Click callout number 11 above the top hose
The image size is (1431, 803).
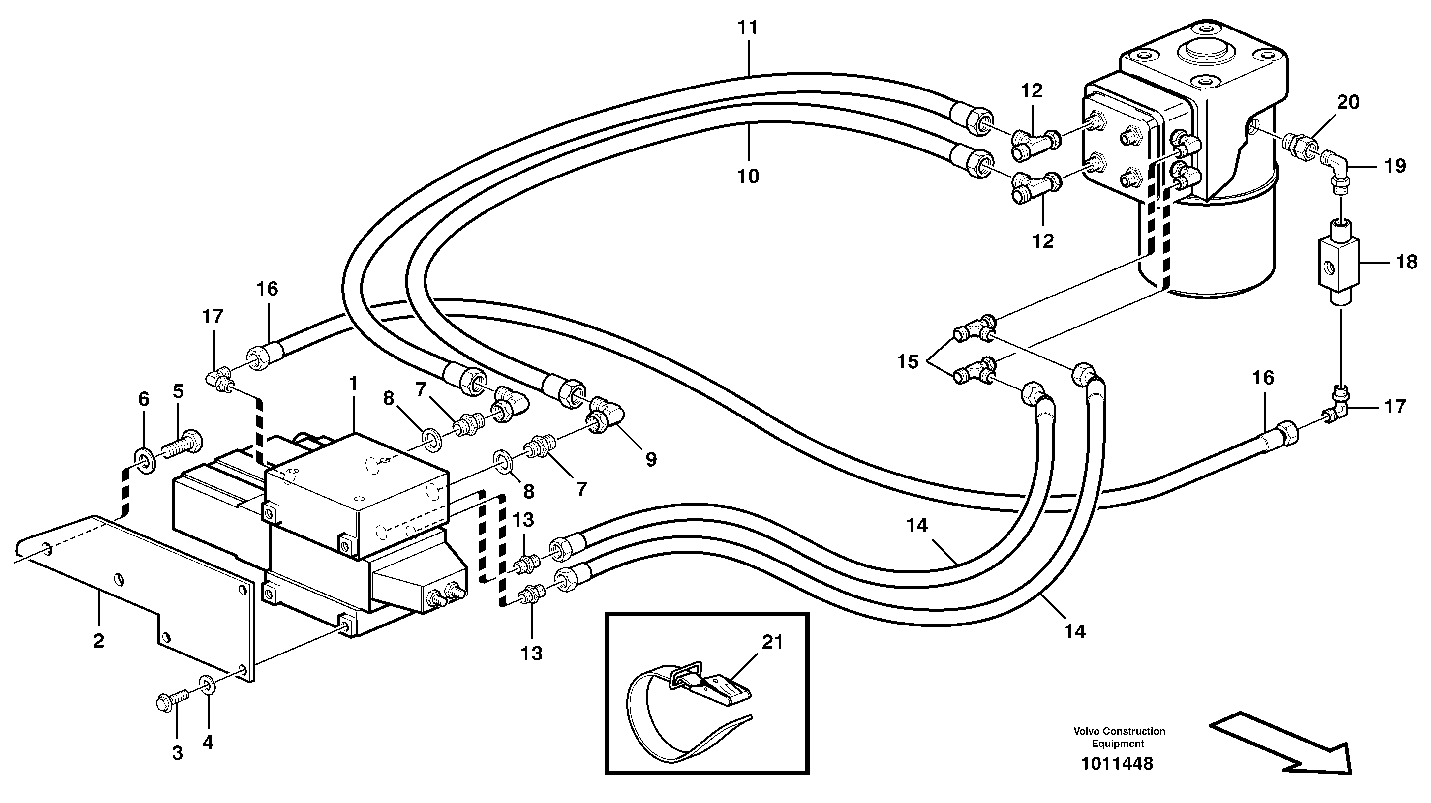(x=748, y=27)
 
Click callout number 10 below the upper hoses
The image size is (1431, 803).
(x=748, y=176)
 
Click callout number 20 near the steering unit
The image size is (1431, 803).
(x=1348, y=102)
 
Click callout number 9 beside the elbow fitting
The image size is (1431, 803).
(x=650, y=459)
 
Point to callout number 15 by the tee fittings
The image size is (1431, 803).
(x=908, y=362)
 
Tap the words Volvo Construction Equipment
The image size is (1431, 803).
(x=1119, y=737)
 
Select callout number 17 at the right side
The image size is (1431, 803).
(x=1394, y=407)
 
